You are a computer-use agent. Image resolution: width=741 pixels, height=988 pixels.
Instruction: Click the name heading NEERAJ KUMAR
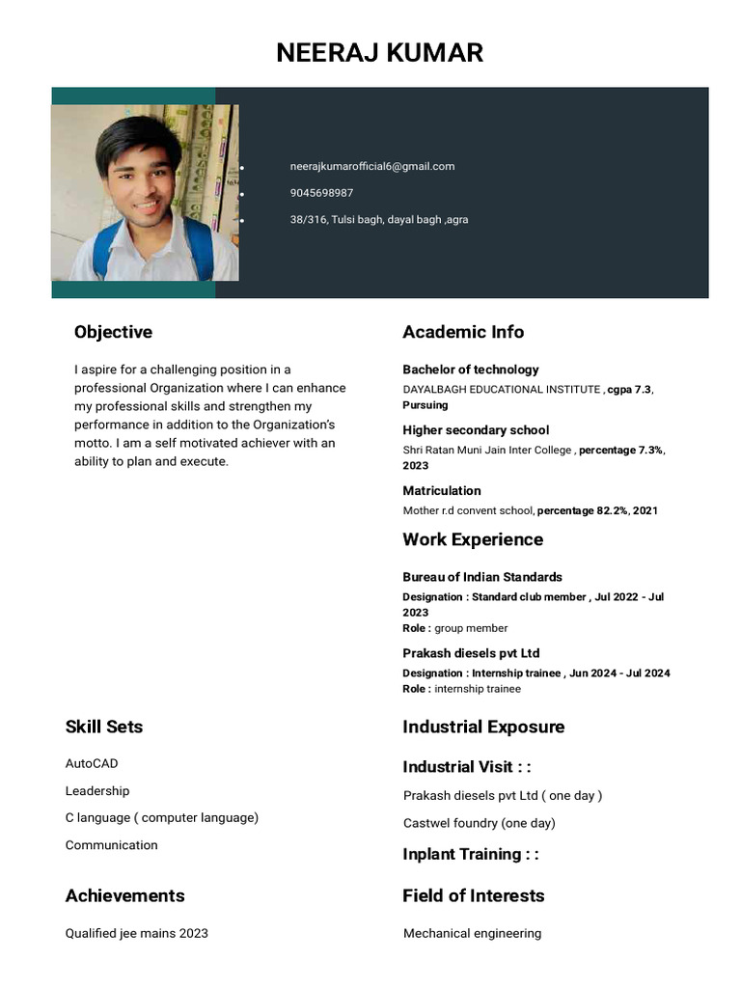tap(379, 52)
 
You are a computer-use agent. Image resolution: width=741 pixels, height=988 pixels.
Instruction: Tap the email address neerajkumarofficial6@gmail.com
tap(371, 166)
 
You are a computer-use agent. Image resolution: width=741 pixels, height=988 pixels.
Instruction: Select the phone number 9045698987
tap(321, 193)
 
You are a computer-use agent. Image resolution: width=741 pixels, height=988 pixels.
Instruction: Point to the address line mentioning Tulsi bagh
tap(378, 220)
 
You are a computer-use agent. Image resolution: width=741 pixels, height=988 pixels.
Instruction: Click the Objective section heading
tap(113, 332)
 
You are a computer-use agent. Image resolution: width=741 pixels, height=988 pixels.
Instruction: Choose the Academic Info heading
tap(462, 332)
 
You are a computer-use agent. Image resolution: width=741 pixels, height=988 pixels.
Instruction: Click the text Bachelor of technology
tap(470, 370)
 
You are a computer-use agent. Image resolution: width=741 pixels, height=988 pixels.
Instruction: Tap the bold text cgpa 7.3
tap(629, 389)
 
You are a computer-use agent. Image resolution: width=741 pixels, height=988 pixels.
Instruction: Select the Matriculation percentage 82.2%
tap(582, 510)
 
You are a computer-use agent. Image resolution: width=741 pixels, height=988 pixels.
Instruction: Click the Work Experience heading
tap(472, 539)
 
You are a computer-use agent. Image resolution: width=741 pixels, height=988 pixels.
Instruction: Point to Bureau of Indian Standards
tap(481, 577)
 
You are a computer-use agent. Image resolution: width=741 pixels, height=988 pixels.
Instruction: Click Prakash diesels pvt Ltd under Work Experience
tap(470, 653)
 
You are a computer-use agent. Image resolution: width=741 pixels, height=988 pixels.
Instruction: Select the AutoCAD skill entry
tap(92, 763)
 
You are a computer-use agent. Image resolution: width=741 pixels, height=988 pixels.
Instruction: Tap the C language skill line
tap(161, 817)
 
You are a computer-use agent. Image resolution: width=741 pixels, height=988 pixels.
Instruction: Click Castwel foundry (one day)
tap(479, 823)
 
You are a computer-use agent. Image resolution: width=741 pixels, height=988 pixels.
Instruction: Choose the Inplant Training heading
tap(470, 854)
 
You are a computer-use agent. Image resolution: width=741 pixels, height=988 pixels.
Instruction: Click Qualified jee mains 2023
tap(136, 933)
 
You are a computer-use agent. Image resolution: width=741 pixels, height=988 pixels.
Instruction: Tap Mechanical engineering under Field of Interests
tap(472, 933)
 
